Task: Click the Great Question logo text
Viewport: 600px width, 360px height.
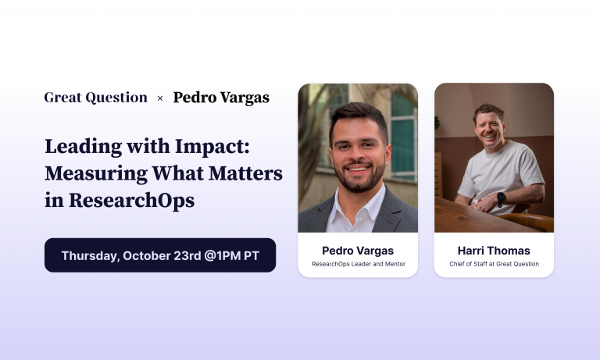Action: (x=95, y=98)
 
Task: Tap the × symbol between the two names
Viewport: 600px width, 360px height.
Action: (x=160, y=98)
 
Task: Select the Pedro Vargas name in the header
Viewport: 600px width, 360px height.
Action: (x=221, y=98)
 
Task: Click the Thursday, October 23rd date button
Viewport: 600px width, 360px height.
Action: (x=159, y=255)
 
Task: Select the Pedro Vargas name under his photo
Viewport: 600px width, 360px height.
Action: (x=358, y=251)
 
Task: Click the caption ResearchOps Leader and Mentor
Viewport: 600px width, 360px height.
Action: (x=358, y=265)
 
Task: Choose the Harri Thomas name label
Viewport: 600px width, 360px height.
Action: (x=494, y=251)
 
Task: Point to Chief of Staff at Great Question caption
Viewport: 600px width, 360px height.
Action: (x=494, y=265)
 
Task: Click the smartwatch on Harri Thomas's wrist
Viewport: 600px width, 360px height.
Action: (x=500, y=198)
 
